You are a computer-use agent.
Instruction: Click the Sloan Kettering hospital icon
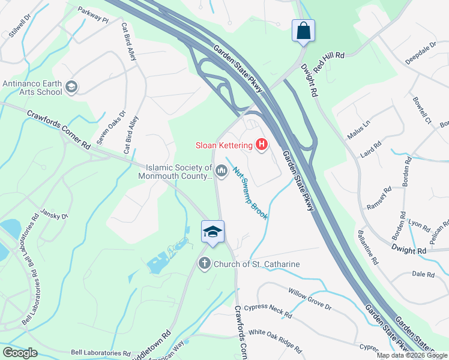click(x=261, y=145)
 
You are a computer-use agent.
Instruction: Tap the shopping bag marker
click(x=303, y=30)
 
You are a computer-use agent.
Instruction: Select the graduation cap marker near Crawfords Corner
click(x=212, y=231)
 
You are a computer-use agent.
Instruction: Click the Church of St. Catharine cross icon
click(x=205, y=263)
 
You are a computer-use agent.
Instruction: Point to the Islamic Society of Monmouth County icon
click(x=221, y=172)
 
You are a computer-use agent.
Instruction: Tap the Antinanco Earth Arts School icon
click(x=71, y=88)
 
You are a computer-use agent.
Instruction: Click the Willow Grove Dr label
click(x=310, y=298)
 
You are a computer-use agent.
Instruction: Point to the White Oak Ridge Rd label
click(x=275, y=339)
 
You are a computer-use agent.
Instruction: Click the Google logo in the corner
click(x=20, y=353)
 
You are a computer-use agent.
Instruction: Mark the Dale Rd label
click(x=423, y=274)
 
